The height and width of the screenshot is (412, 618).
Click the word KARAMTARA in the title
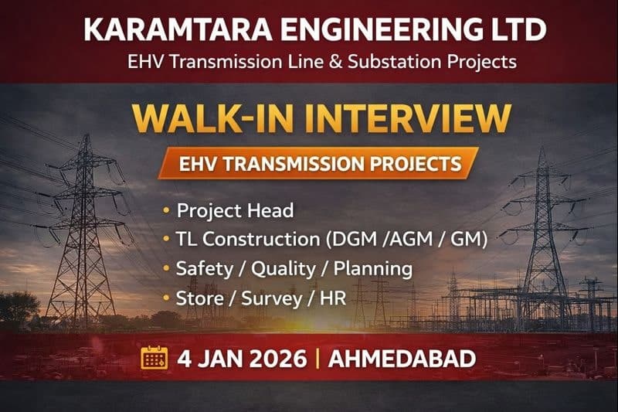[x=167, y=29]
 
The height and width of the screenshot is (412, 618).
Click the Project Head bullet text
[x=226, y=211]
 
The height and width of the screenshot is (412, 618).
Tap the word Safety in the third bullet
[x=202, y=269]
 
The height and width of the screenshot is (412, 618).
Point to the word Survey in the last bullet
[x=270, y=298]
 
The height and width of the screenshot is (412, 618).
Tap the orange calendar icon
[x=154, y=359]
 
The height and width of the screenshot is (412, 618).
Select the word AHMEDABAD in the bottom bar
[x=401, y=359]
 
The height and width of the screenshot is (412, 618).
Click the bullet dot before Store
[x=167, y=298]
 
